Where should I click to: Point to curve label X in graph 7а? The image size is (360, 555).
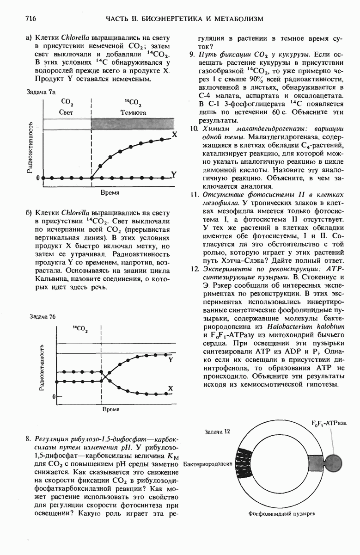pos(174,135)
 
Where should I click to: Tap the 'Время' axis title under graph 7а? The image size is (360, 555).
pos(110,192)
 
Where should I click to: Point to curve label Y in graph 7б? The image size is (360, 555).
pos(171,359)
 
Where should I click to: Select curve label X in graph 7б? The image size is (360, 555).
pos(170,388)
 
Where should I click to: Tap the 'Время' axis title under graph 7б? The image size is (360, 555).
pos(111,409)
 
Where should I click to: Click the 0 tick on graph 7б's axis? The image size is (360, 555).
pos(53,397)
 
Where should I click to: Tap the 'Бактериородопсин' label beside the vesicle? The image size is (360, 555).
pos(207,463)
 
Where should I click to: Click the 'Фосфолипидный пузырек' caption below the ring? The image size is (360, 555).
pos(281,513)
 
